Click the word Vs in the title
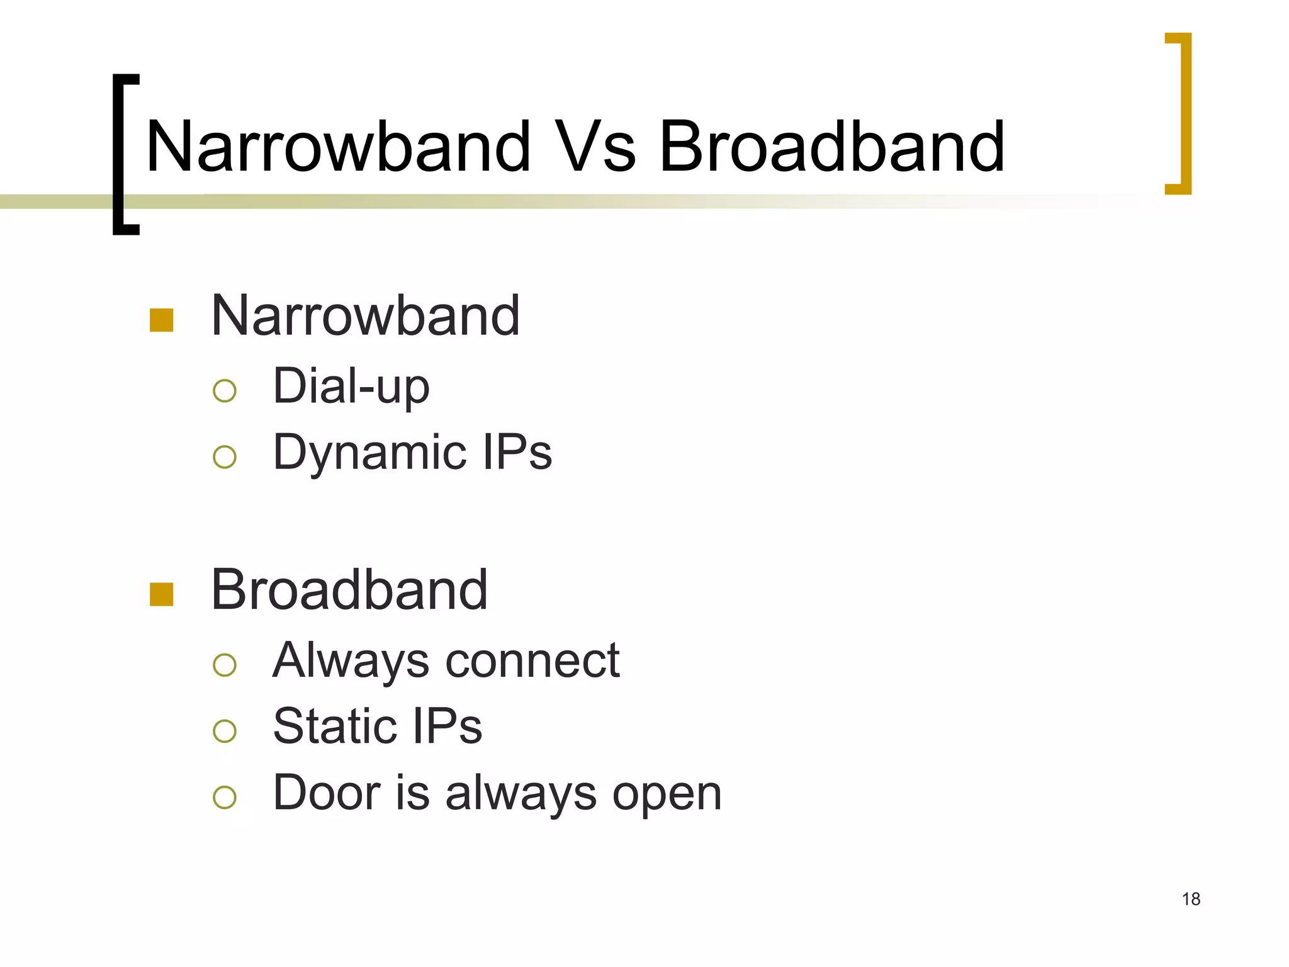[597, 147]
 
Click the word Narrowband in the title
[338, 147]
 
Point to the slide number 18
[1191, 899]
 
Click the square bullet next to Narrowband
[162, 320]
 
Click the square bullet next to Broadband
[162, 594]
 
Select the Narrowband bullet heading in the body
[365, 316]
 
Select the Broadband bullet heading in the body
[349, 590]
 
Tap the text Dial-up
[351, 386]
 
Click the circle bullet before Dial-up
[225, 391]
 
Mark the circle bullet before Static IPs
[225, 731]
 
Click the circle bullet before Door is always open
[225, 798]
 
